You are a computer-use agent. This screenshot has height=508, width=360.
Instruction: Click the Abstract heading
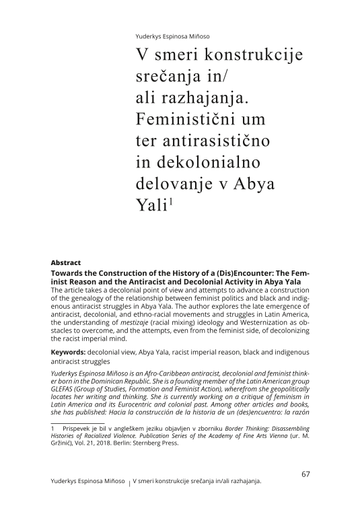[x=66, y=262]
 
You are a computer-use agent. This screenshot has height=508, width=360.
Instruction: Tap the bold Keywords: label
[x=68, y=352]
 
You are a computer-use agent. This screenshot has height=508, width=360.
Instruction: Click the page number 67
[x=305, y=474]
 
